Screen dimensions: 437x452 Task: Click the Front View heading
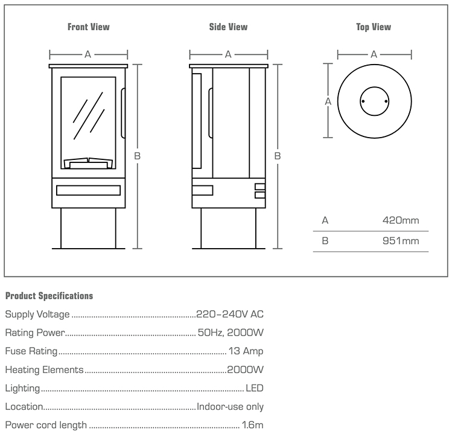pos(88,27)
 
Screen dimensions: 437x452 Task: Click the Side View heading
pos(228,27)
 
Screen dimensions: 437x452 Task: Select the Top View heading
pos(374,27)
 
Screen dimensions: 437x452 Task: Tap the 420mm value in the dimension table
pos(401,220)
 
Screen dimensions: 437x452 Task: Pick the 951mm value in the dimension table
pos(401,241)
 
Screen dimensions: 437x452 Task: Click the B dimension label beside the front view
pos(138,156)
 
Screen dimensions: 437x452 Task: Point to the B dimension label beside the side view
pos(278,156)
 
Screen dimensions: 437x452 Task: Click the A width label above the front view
pos(88,54)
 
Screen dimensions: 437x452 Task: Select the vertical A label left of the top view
pos(328,101)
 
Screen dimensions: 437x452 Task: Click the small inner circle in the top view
pos(374,102)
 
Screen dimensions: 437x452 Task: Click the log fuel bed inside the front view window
pos(88,162)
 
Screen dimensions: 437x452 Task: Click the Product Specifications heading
pos(49,296)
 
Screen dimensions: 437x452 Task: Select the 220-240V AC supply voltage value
pos(230,314)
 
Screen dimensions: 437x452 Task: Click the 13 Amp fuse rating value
pos(245,351)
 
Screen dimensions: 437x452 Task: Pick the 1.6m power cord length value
pos(252,425)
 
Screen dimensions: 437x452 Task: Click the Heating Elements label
pos(43,370)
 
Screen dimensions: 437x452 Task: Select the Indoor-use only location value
pos(230,407)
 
